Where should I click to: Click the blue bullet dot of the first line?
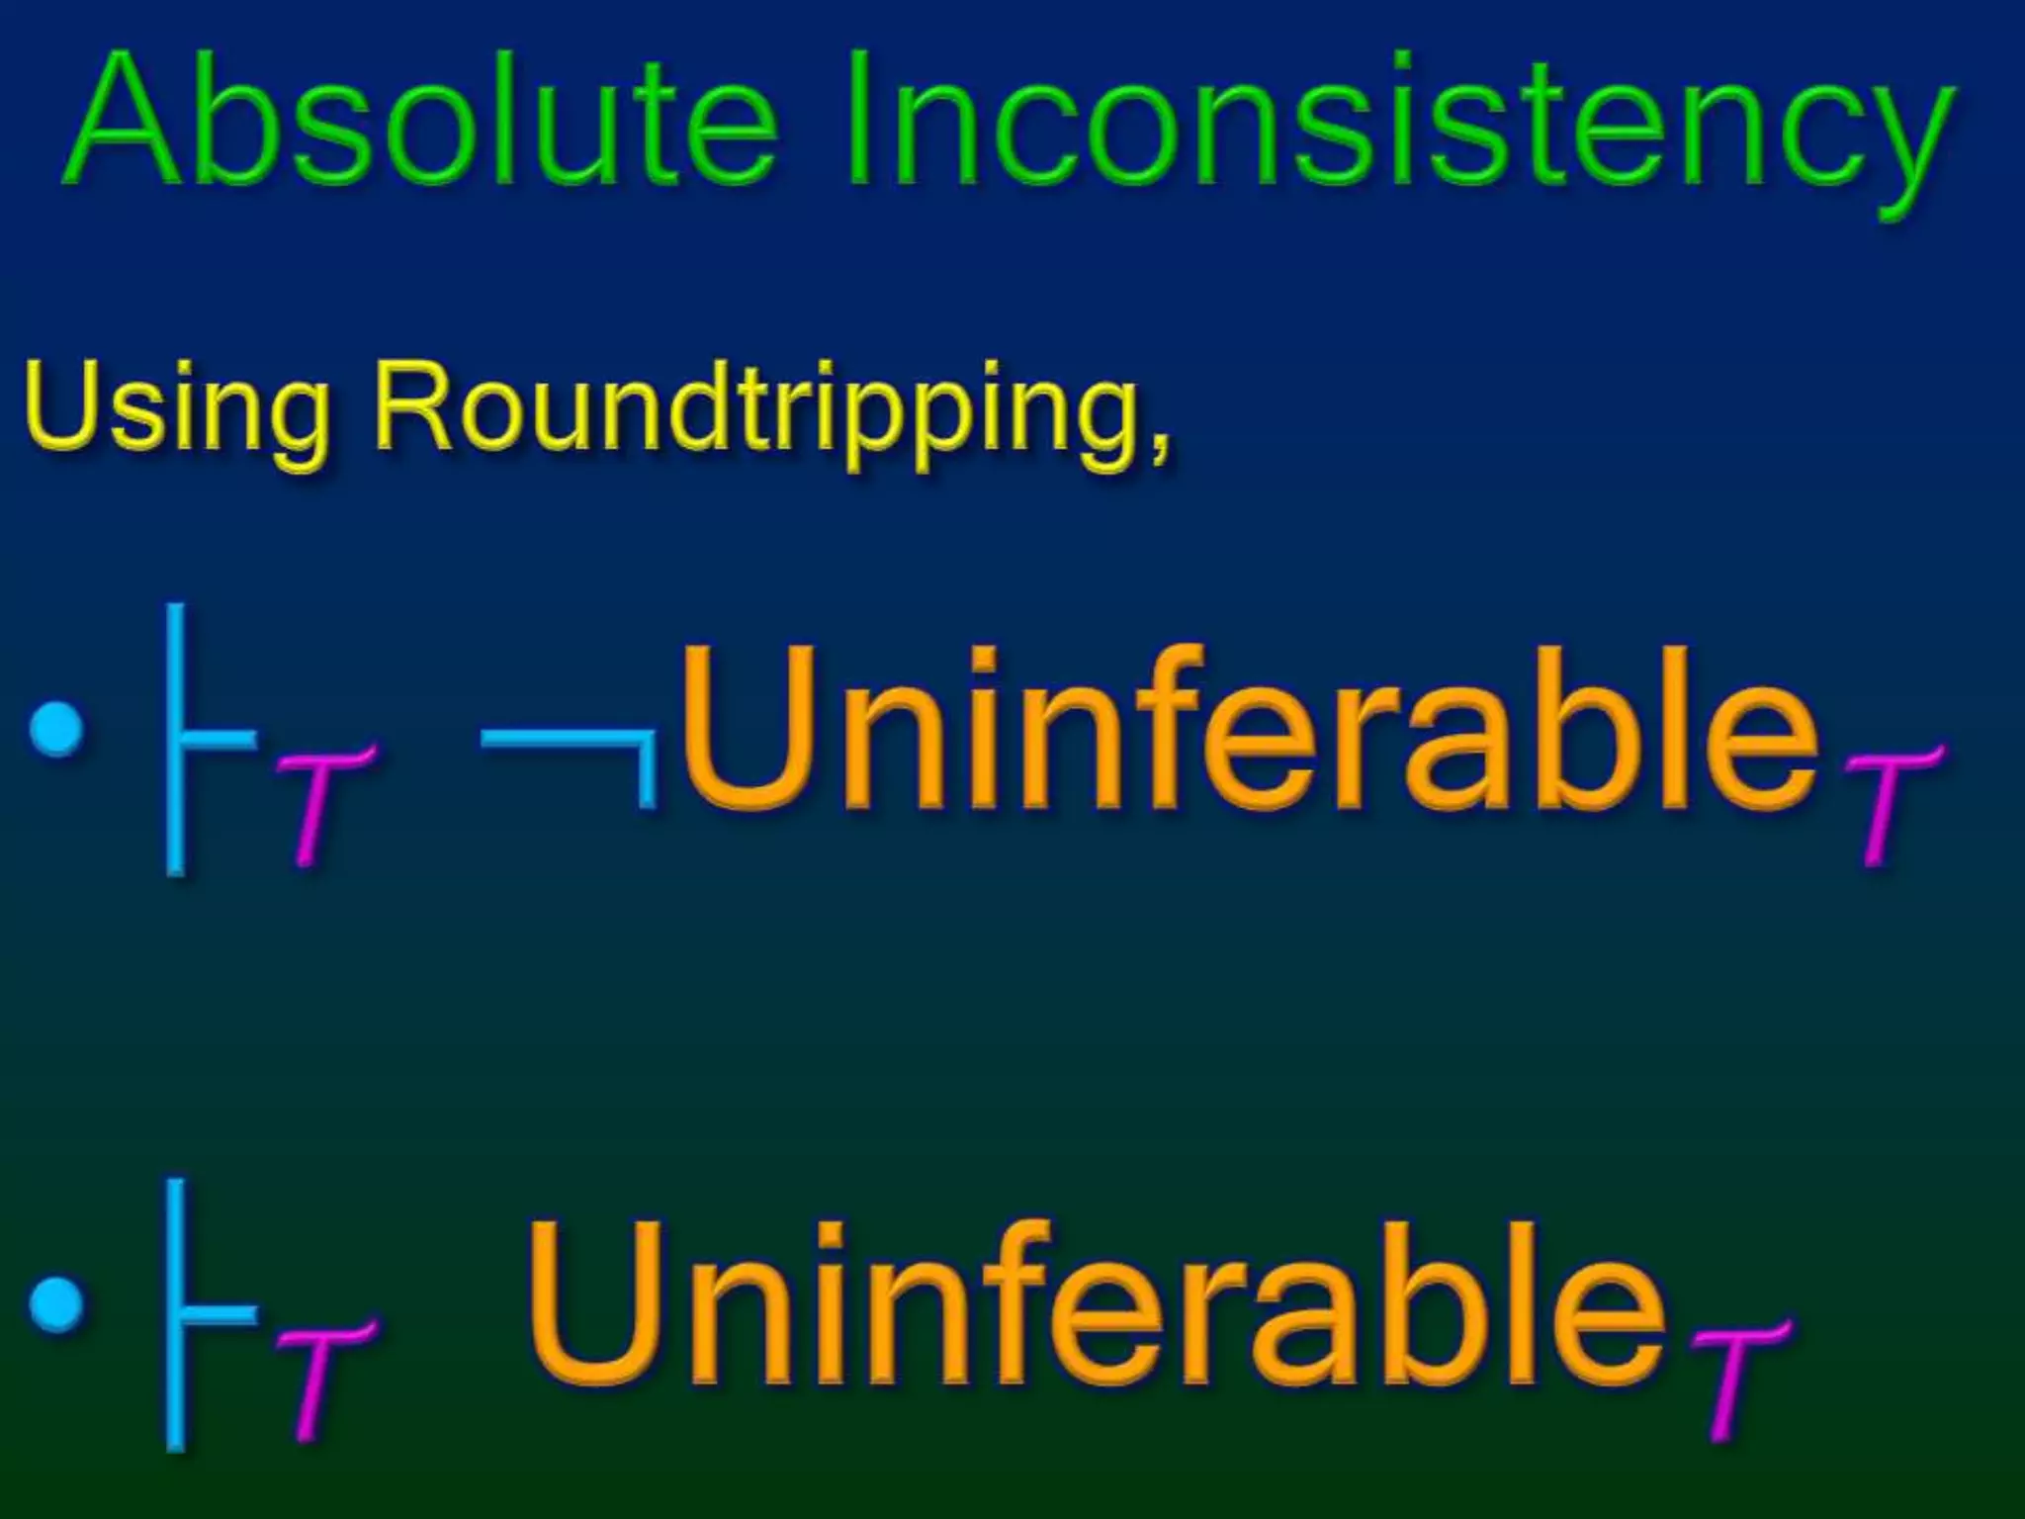[x=56, y=728]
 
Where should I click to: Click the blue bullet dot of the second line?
[x=56, y=1303]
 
